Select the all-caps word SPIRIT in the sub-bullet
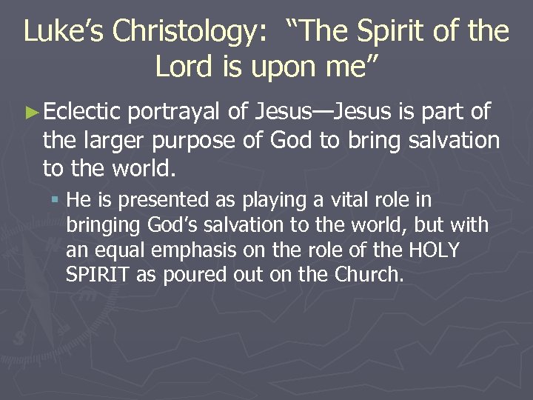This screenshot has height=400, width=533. click(x=93, y=275)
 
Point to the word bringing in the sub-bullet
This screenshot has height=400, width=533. click(x=99, y=225)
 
